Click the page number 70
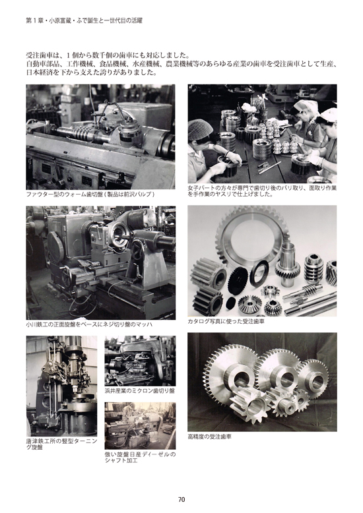click(x=181, y=499)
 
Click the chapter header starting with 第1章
click(x=84, y=20)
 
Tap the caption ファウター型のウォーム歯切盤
click(x=90, y=194)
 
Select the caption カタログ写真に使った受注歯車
click(x=226, y=321)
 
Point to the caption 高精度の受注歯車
click(x=209, y=437)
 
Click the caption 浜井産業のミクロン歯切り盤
click(x=140, y=390)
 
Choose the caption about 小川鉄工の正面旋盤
click(x=89, y=324)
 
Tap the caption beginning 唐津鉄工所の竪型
click(x=61, y=444)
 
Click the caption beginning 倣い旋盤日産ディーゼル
click(x=140, y=458)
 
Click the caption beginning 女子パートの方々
click(x=262, y=191)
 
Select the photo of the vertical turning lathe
click(x=61, y=386)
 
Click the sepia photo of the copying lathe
click(x=140, y=426)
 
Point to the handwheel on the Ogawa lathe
click(x=137, y=248)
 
